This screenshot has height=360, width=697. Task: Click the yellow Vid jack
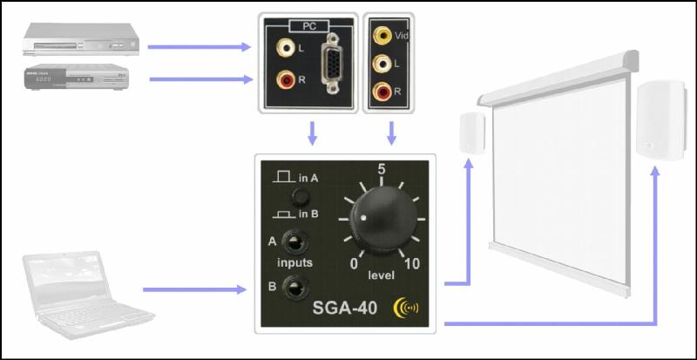[x=382, y=36]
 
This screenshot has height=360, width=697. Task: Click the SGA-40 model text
[x=345, y=308]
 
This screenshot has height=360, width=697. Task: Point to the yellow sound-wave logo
[x=406, y=308]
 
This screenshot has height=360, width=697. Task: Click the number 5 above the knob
[x=381, y=169]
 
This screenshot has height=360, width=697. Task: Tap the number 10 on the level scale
[x=412, y=263]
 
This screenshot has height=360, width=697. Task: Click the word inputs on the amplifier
[x=295, y=262]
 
